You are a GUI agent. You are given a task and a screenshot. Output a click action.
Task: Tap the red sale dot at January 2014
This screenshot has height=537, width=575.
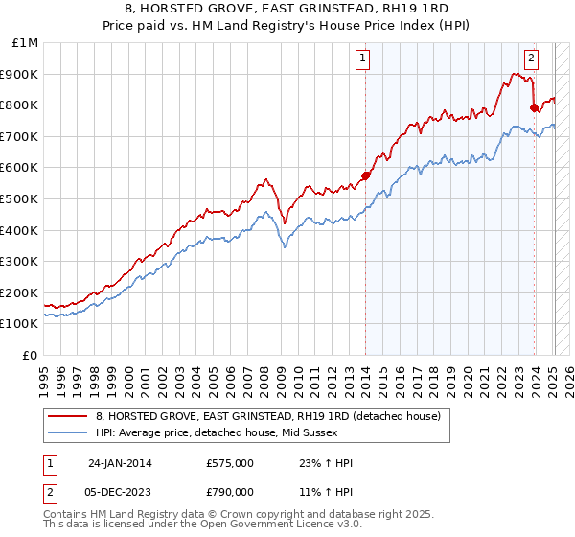click(365, 175)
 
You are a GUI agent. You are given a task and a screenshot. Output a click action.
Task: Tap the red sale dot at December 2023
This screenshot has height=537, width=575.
click(534, 108)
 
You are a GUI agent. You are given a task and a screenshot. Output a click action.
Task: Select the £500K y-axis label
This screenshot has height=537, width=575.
click(20, 199)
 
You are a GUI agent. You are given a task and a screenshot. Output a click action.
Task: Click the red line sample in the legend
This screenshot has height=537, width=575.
click(67, 416)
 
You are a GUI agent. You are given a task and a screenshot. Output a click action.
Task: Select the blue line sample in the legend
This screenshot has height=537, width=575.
click(67, 432)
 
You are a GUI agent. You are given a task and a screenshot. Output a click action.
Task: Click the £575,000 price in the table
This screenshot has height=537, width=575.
click(229, 463)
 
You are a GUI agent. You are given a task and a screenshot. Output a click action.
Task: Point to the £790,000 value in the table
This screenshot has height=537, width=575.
click(229, 492)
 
